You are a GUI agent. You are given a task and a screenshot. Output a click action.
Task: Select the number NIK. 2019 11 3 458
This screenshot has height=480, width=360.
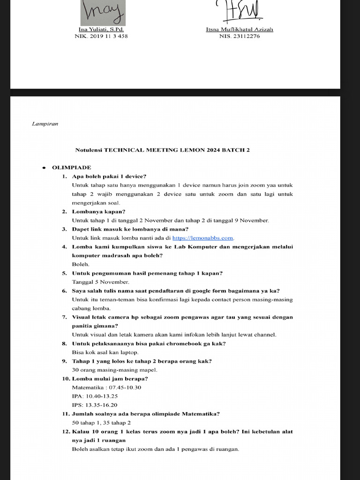click(x=101, y=36)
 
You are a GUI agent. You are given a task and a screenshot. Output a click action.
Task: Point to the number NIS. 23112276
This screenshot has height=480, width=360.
click(x=239, y=36)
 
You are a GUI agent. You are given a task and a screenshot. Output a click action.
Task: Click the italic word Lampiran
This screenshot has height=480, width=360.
click(x=45, y=124)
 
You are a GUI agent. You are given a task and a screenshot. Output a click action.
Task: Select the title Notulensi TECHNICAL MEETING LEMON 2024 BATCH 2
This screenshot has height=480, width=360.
click(x=163, y=150)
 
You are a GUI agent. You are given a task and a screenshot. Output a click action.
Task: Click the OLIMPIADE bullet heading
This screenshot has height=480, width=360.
click(x=71, y=167)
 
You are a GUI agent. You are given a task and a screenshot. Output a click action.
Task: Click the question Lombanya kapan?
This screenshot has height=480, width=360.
click(x=95, y=211)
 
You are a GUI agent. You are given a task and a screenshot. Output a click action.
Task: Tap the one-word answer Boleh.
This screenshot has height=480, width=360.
click(x=81, y=264)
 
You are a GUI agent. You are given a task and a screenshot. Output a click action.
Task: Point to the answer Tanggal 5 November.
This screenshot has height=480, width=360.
click(x=100, y=282)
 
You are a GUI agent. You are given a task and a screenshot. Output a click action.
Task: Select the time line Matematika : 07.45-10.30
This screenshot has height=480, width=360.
click(x=106, y=388)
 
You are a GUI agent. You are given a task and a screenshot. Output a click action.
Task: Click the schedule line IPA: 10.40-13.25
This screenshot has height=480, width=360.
click(x=94, y=396)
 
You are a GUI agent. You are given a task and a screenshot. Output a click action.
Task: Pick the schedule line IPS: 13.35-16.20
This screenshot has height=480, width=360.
click(x=94, y=405)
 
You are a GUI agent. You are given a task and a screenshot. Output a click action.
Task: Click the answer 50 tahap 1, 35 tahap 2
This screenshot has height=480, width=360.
click(x=101, y=423)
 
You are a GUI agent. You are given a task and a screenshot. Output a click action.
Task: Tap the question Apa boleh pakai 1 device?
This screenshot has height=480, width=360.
click(x=109, y=176)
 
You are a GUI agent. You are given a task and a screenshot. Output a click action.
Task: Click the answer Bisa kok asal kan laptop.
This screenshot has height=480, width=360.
click(x=105, y=352)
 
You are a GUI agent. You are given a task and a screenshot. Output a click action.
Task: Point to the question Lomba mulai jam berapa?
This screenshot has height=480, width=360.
click(x=110, y=379)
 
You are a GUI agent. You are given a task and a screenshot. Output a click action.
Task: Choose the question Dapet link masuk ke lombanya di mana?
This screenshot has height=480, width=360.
click(x=130, y=229)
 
